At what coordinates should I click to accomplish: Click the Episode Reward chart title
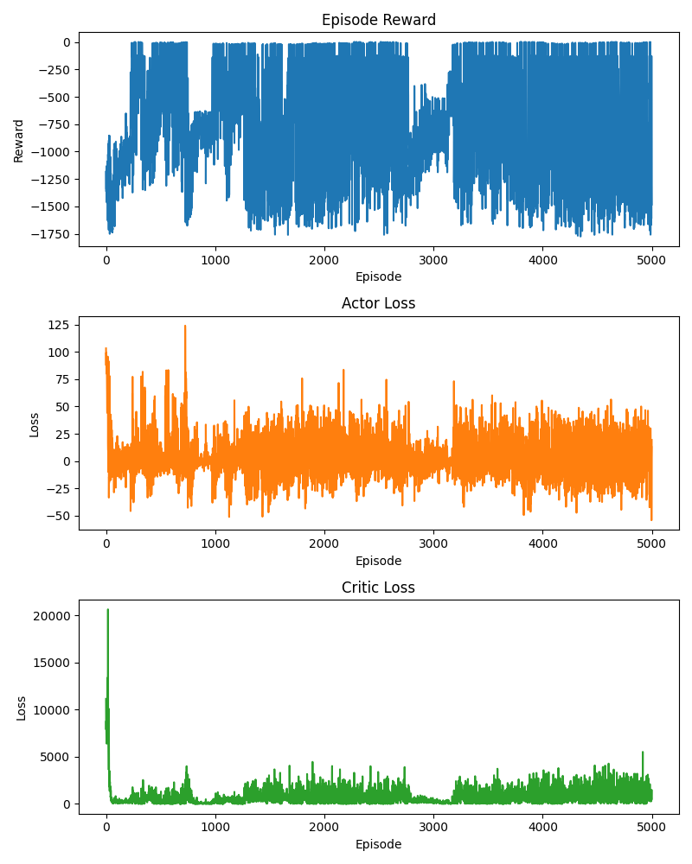click(379, 20)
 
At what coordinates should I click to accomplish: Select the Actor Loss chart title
click(379, 303)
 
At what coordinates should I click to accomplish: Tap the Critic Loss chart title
click(379, 588)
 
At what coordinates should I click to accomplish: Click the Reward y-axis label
click(19, 141)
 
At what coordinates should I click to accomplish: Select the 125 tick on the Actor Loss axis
click(59, 325)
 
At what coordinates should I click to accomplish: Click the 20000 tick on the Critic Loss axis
click(52, 616)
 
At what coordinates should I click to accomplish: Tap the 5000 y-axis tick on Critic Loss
click(55, 757)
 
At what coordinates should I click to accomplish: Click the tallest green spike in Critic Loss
click(107, 609)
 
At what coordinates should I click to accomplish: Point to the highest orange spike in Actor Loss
click(185, 327)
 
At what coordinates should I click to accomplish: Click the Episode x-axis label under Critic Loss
click(379, 844)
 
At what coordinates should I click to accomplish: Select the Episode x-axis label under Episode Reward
click(379, 276)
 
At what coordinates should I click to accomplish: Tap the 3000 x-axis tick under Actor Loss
click(433, 543)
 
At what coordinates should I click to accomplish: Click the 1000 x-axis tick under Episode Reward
click(215, 260)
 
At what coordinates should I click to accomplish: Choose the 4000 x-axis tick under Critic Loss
click(542, 828)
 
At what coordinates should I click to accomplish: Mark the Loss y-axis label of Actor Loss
click(35, 425)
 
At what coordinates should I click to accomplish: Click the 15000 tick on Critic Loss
click(52, 663)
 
